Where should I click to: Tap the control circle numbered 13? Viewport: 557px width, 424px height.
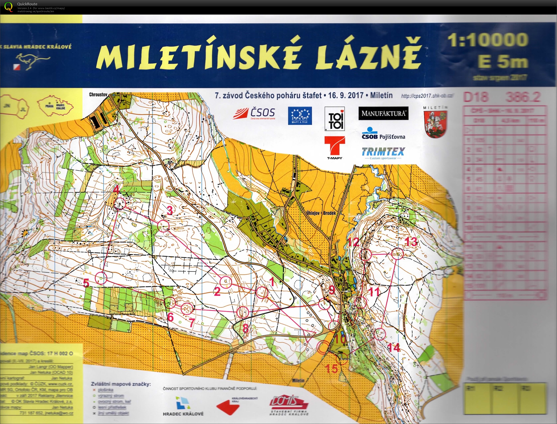(397, 254)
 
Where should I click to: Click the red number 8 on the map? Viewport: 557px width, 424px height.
(245, 328)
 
